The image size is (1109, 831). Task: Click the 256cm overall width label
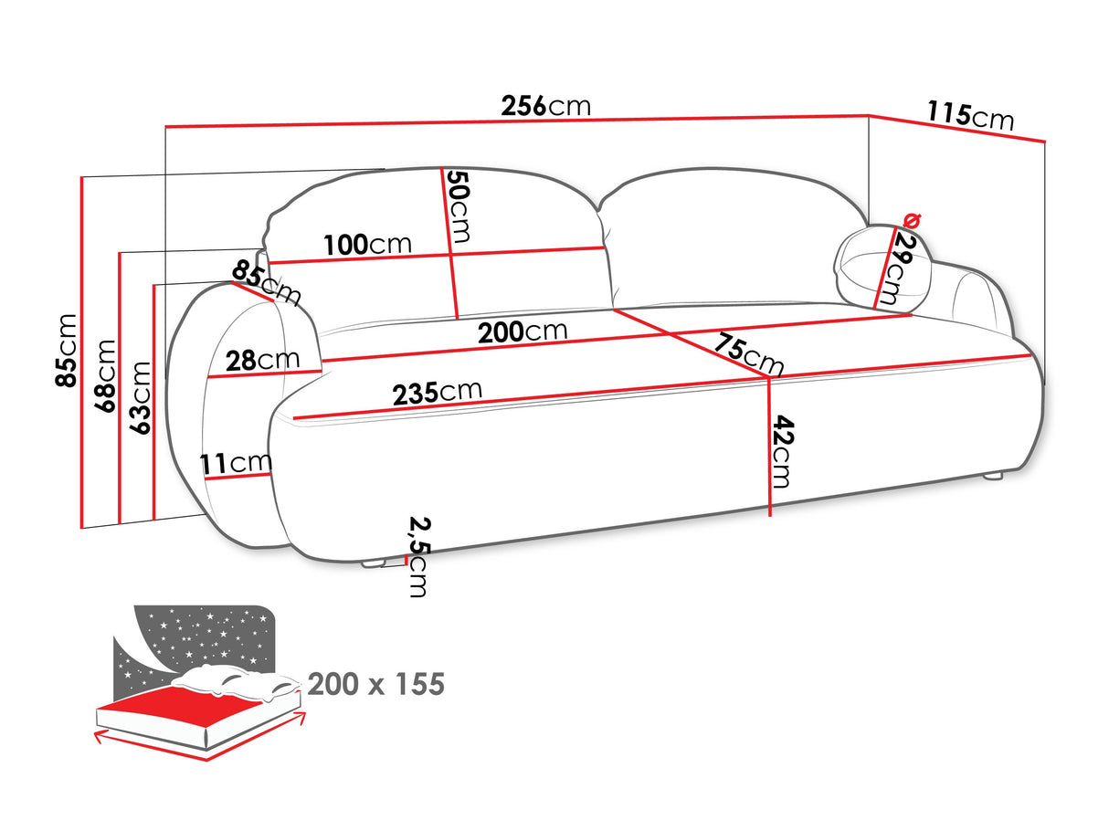pos(546,106)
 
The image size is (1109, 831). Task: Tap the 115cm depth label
pos(970,116)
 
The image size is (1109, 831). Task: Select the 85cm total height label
pos(67,350)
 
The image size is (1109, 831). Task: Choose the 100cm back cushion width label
pos(367,245)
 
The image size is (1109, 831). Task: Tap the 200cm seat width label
pos(522,331)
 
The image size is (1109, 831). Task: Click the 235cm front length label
pos(437,393)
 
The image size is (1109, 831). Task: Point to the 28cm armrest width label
pos(263,360)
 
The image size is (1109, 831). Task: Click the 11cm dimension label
pos(237,464)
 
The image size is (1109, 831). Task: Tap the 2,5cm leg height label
pos(417,556)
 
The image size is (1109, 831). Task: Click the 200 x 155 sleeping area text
pos(375,684)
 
